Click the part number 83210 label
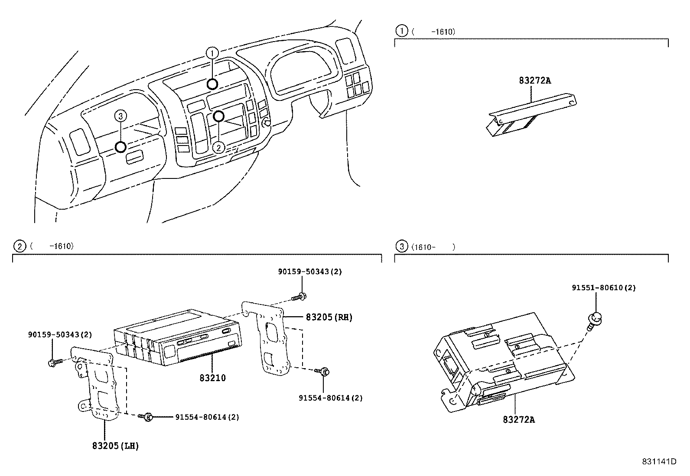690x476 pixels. point(212,378)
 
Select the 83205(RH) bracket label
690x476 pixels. point(329,317)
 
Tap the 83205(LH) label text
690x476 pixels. point(115,445)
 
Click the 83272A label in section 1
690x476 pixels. point(535,81)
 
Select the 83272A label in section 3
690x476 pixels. point(519,419)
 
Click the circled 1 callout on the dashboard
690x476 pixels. point(212,53)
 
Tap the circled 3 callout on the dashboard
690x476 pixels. point(121,116)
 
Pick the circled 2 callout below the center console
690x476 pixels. point(219,148)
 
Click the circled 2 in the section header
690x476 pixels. point(20,246)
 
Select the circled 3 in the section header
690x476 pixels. point(402,247)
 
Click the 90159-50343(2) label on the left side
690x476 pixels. point(60,334)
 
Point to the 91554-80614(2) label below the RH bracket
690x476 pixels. point(330,398)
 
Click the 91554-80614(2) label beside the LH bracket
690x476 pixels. point(207,417)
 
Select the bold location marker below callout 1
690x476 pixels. point(212,84)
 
